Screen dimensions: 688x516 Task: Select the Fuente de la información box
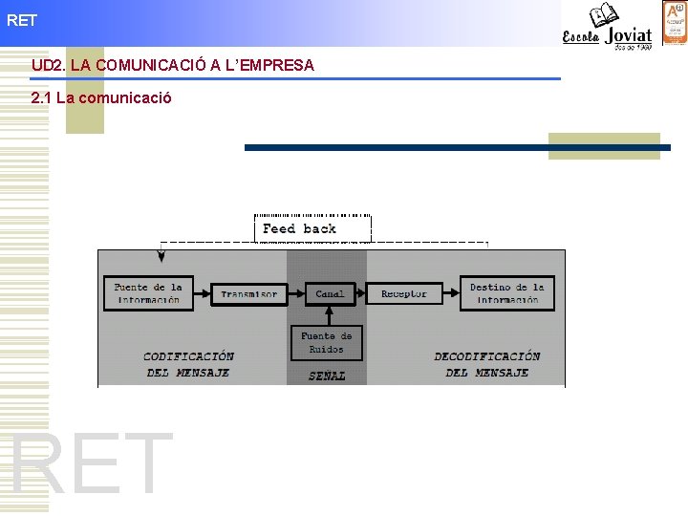click(x=148, y=292)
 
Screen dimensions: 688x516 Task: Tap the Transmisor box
click(x=248, y=293)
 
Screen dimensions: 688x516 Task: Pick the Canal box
click(x=330, y=293)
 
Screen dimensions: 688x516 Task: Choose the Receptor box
click(x=404, y=293)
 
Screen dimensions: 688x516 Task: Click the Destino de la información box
click(x=506, y=292)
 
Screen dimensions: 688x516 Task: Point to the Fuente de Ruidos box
click(x=327, y=343)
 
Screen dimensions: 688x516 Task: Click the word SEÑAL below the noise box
click(x=327, y=376)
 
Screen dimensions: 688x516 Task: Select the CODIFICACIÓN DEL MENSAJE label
click(x=188, y=364)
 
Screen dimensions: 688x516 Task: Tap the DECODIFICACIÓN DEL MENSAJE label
click(x=487, y=364)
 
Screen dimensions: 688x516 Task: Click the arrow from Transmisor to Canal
click(x=296, y=293)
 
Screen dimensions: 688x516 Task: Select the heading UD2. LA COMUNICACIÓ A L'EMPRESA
click(x=172, y=65)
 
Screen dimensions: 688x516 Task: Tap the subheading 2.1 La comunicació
click(x=101, y=97)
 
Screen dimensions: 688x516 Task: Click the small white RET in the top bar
click(x=21, y=19)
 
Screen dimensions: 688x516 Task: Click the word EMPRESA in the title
click(x=274, y=65)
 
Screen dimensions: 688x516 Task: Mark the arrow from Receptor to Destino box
click(x=451, y=293)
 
